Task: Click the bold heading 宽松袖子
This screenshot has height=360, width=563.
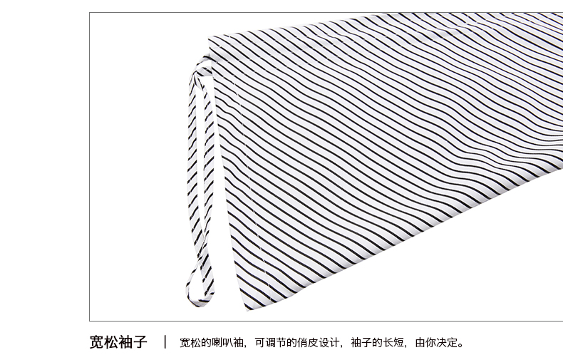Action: click(118, 342)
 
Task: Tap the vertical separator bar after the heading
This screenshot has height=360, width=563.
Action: click(165, 342)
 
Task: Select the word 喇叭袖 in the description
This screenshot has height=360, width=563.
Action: click(227, 343)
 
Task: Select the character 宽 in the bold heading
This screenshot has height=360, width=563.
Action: click(97, 342)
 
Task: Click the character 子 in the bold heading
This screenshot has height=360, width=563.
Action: click(140, 342)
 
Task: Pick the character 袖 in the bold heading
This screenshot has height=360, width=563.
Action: click(125, 342)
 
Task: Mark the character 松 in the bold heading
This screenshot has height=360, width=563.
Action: click(111, 342)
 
